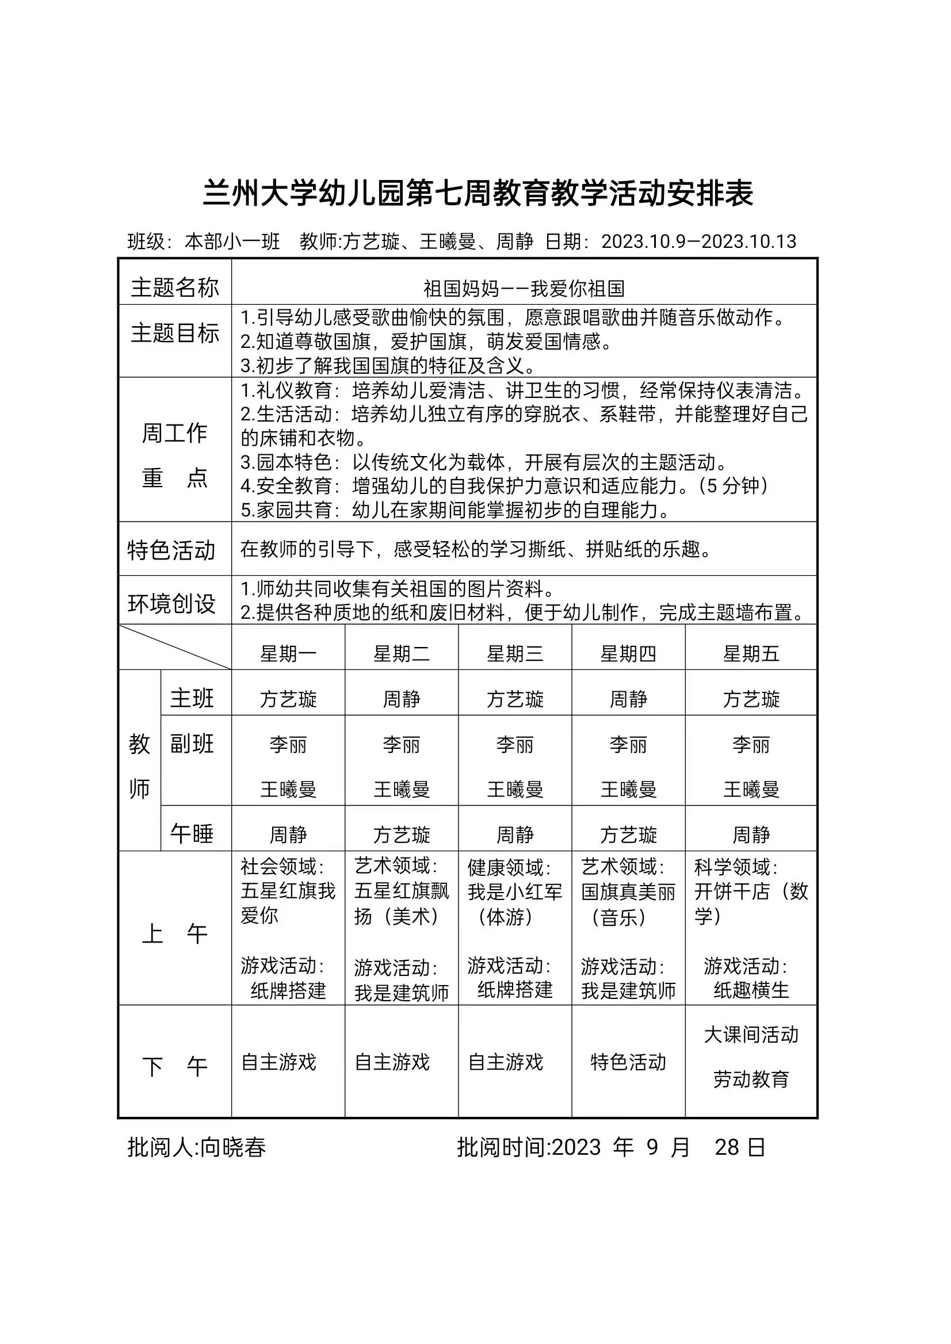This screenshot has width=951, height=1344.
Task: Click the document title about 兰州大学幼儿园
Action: tap(478, 193)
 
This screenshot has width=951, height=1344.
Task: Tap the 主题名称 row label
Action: tap(174, 288)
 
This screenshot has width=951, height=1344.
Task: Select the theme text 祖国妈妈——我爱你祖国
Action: tap(524, 289)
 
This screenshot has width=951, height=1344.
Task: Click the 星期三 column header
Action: tap(515, 654)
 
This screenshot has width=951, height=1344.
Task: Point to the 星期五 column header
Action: tap(751, 654)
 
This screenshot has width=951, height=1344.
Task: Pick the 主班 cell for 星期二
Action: tap(401, 699)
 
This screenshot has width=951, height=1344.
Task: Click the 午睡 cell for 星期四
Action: tap(628, 834)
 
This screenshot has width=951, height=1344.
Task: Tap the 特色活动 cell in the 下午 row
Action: tap(628, 1062)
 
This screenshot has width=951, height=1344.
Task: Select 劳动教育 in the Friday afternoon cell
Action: tap(751, 1079)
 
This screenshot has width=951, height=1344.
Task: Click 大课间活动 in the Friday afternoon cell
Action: tap(751, 1035)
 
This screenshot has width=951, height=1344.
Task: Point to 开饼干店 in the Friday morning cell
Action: tap(732, 891)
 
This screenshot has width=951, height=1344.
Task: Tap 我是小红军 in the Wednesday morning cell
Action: tap(515, 891)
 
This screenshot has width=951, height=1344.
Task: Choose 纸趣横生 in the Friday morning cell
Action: tap(751, 990)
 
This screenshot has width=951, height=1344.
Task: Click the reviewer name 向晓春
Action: tap(233, 1147)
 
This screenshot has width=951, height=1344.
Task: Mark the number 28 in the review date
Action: tap(727, 1147)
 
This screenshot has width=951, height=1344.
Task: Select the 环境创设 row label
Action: tap(171, 603)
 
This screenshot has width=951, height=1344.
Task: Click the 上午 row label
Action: tap(174, 933)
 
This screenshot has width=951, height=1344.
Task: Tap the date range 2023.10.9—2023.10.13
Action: tap(698, 242)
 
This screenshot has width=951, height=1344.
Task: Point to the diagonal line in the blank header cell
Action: tap(174, 647)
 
